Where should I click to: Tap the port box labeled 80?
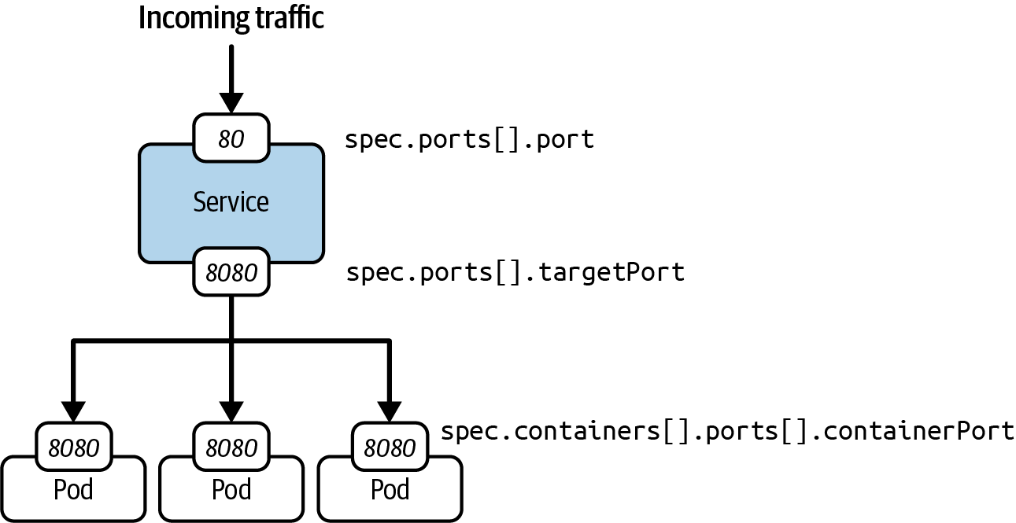tap(231, 139)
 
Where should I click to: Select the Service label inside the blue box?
tap(231, 202)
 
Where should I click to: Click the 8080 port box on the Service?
tap(231, 272)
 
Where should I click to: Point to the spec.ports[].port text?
tap(470, 140)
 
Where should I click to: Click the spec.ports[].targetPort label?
tap(515, 272)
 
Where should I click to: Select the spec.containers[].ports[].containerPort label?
tap(727, 431)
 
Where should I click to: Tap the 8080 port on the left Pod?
tap(74, 447)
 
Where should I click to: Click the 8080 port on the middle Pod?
tap(231, 447)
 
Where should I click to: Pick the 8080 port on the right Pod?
tap(390, 447)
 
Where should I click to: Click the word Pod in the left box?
tap(74, 490)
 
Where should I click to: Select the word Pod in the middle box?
tap(231, 490)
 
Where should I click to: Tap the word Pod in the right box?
tap(390, 490)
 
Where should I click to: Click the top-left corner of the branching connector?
tap(74, 341)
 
